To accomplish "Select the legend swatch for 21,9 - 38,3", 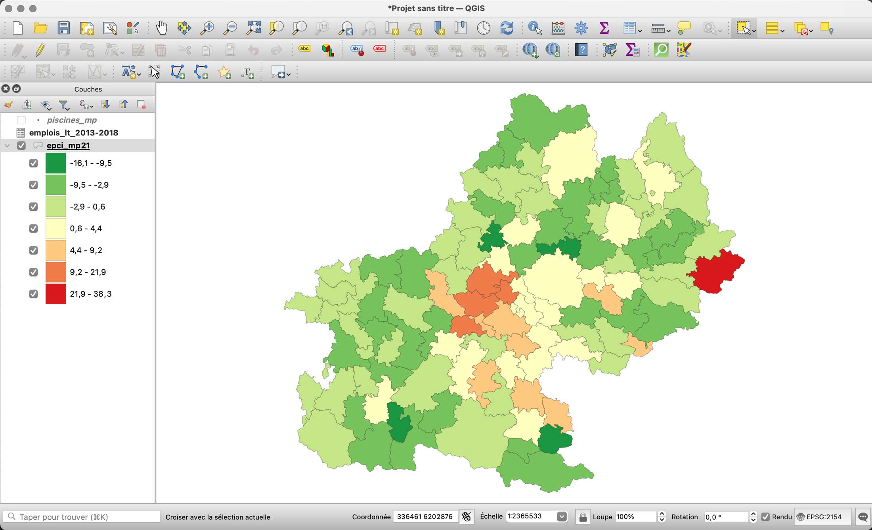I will click(x=55, y=294).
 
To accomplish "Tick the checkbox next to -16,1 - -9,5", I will click(x=33, y=163).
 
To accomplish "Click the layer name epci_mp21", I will click(x=68, y=145).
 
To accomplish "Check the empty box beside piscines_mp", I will click(x=21, y=120).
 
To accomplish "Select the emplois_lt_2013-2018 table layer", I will click(x=73, y=133).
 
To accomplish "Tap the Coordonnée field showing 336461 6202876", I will click(x=425, y=517).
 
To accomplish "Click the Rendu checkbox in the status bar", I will click(x=765, y=517).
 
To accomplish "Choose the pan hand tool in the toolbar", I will click(x=161, y=28).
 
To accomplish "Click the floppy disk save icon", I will click(x=63, y=28).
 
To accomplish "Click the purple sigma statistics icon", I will click(x=604, y=28).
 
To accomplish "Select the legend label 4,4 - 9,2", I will click(x=86, y=250).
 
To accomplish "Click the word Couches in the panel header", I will click(x=88, y=89).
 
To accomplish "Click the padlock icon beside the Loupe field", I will click(x=583, y=517).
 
